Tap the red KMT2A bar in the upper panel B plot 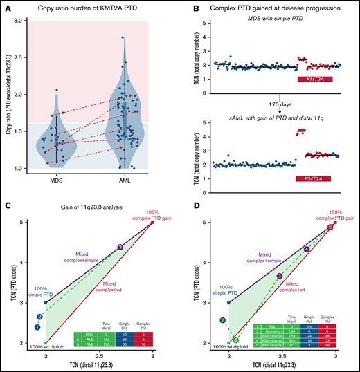(x=314, y=80)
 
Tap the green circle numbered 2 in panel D (x=235, y=340)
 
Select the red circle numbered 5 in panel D (x=330, y=226)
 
